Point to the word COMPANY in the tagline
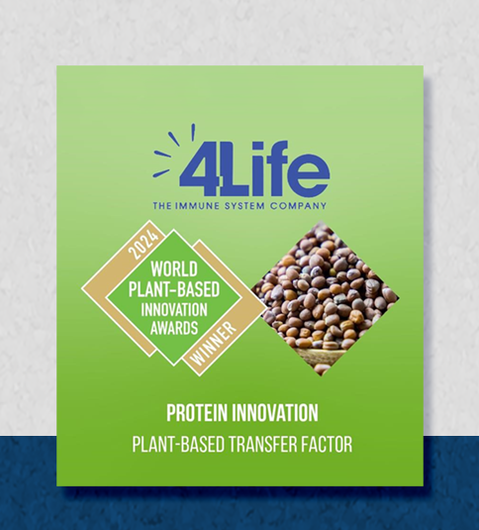298,205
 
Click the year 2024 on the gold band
144,244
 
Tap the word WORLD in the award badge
174,269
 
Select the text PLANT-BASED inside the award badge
174,289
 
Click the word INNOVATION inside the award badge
174,310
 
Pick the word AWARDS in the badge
174,327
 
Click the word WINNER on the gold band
214,344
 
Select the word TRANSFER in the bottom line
263,444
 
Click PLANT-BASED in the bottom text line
178,444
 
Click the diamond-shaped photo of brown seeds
325,298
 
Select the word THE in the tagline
162,205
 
